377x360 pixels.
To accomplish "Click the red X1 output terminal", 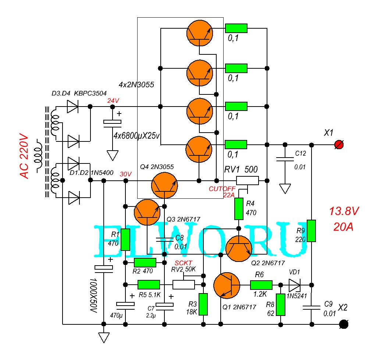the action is pos(339,145).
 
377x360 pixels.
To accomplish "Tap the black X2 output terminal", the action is pos(344,324).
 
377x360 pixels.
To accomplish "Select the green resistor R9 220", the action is pos(312,231).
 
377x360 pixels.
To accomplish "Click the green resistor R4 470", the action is pos(239,209).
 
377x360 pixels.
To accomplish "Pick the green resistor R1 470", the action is pos(125,240).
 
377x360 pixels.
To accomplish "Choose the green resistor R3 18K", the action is pos(203,304).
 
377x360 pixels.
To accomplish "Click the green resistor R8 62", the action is pos(281,305).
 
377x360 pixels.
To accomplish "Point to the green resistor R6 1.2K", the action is pos(262,285).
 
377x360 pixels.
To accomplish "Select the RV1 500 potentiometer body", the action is pos(248,180).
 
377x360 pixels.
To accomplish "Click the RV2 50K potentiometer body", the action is pos(184,285).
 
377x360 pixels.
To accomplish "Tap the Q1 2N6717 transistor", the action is pos(227,285).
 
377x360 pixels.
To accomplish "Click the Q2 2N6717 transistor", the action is pos(239,249).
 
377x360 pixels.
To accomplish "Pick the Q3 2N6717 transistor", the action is pos(147,212).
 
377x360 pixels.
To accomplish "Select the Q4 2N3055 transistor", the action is pos(164,185).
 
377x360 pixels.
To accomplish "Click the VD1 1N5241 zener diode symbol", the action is pos(295,285).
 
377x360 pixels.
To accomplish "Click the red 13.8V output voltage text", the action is pos(344,211).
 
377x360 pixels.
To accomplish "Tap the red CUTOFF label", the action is pos(222,189).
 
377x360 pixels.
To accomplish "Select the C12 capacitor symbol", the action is pos(285,159).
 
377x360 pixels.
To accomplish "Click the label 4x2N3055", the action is pos(136,84).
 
